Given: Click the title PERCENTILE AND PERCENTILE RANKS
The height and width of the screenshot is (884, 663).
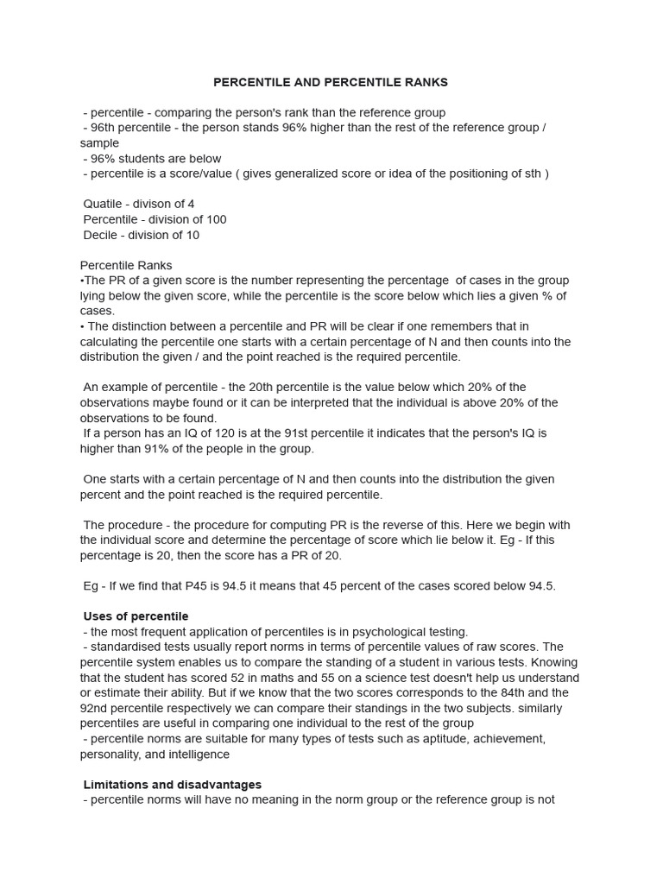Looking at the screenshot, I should point(331,83).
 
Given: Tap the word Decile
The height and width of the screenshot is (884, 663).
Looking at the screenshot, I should point(101,235).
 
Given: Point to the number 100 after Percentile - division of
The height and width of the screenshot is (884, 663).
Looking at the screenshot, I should point(216,219).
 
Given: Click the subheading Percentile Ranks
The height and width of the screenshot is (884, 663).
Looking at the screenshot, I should point(126,265).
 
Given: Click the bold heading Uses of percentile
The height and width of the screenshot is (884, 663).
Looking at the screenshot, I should point(136,616).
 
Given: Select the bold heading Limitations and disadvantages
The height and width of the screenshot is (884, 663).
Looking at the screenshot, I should point(173,785).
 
